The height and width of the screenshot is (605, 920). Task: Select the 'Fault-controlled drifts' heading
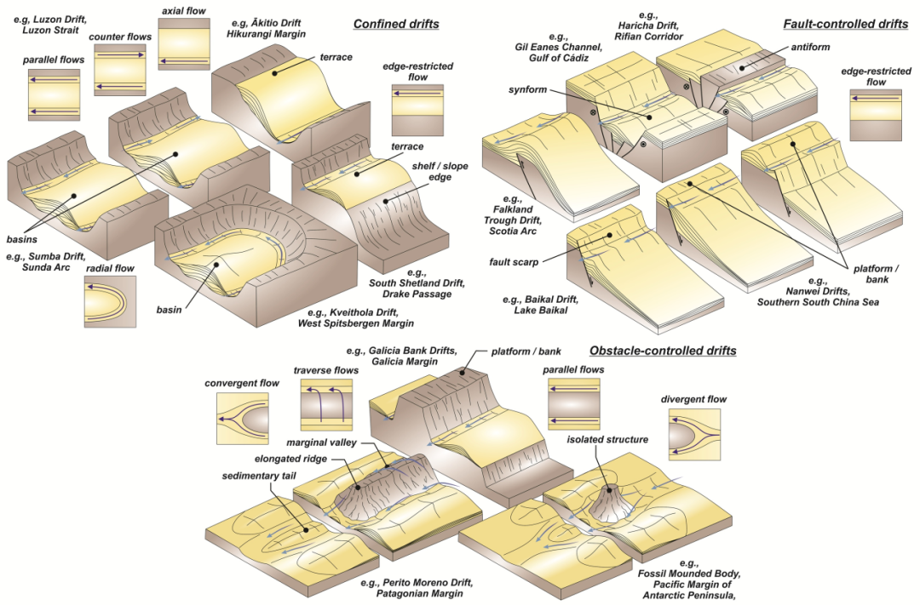[x=845, y=24]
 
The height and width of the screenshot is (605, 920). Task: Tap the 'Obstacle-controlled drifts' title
[x=663, y=351]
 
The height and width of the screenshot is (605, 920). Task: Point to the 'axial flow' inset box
[x=179, y=43]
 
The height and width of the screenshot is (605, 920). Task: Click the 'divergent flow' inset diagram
[x=694, y=435]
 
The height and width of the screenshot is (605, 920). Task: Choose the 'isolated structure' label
[x=607, y=440]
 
